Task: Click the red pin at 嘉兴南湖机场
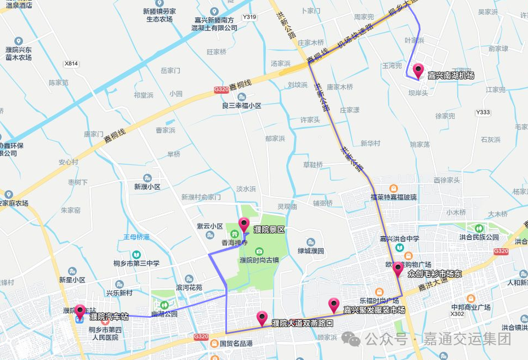418,70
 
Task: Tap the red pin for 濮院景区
244,224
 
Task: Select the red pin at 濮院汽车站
80,311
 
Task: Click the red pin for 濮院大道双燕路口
262,317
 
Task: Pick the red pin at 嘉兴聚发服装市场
334,304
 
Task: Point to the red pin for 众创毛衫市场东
398,268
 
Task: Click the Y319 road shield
249,17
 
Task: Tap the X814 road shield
71,64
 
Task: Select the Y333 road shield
483,112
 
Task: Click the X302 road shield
457,314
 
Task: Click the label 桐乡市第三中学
137,263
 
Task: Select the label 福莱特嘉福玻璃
393,197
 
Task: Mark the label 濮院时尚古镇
259,259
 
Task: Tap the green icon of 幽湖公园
164,305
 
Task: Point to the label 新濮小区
147,186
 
